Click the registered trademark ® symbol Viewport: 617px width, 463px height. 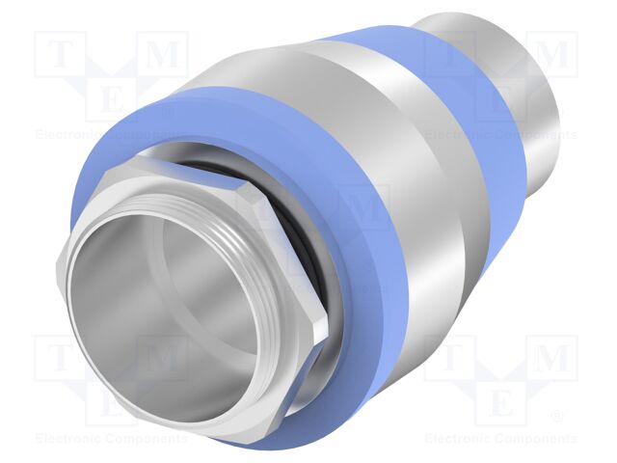tap(556, 417)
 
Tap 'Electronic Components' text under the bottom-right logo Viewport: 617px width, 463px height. tap(501, 438)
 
